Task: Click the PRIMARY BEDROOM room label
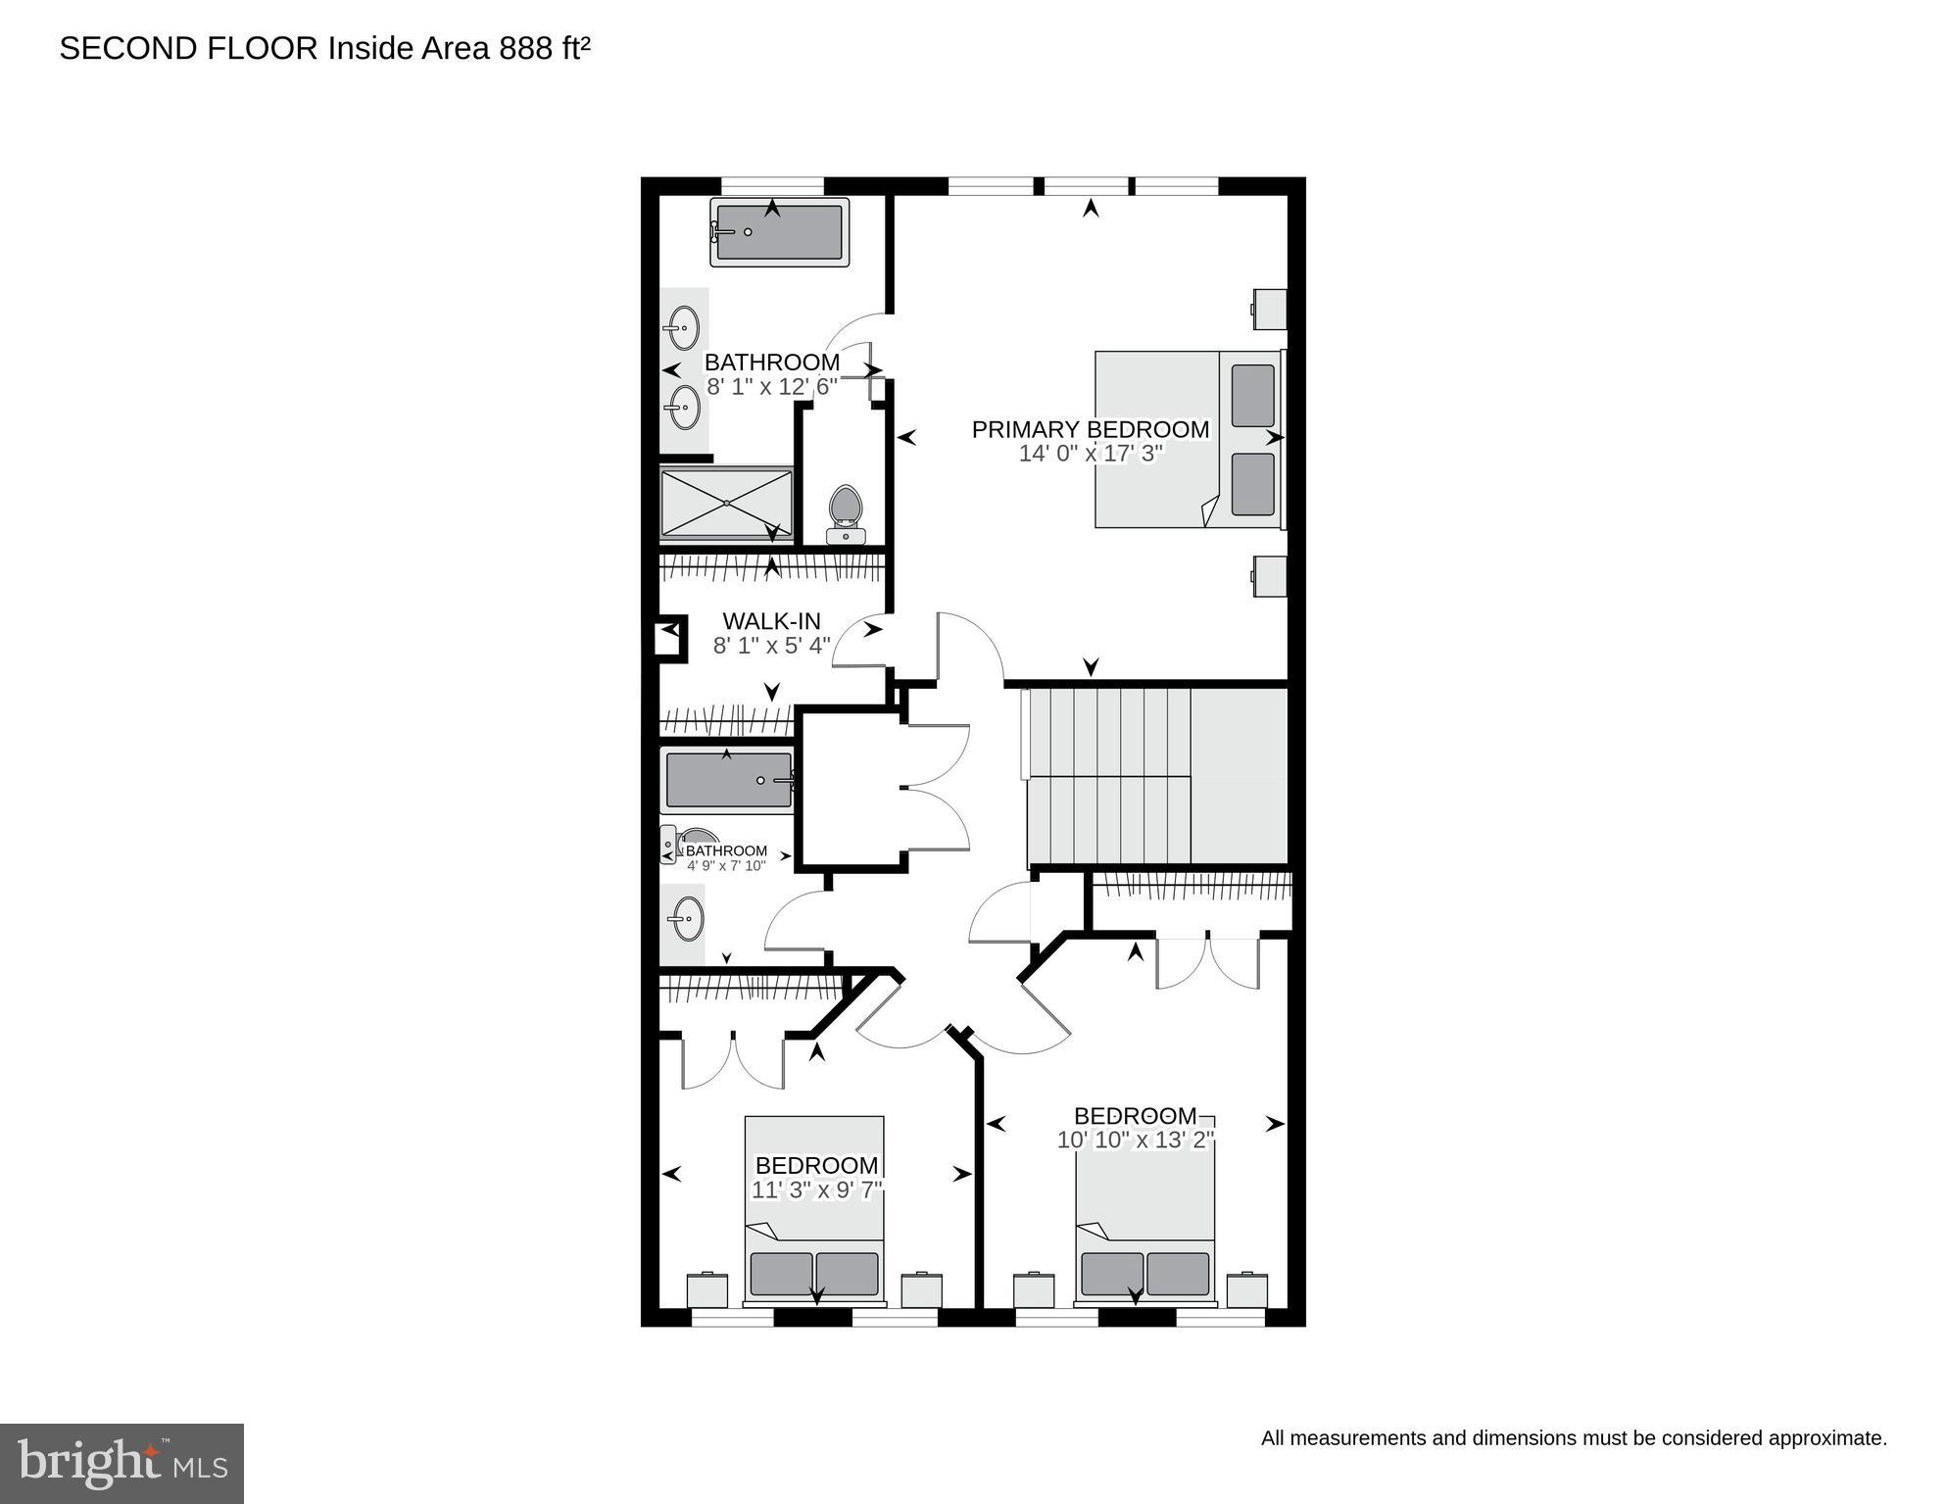click(1090, 429)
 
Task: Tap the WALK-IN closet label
click(771, 621)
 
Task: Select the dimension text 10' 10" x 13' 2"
click(1135, 1140)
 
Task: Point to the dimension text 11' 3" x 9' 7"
click(816, 1190)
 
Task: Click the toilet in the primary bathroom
click(845, 513)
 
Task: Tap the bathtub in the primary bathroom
click(779, 232)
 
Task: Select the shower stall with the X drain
click(726, 504)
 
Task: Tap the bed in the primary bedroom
click(1187, 439)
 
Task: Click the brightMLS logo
click(122, 1463)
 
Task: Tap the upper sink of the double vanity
click(683, 327)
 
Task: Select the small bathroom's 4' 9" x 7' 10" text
click(725, 866)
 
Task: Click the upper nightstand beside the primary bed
click(1270, 309)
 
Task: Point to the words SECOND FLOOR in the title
click(188, 48)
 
